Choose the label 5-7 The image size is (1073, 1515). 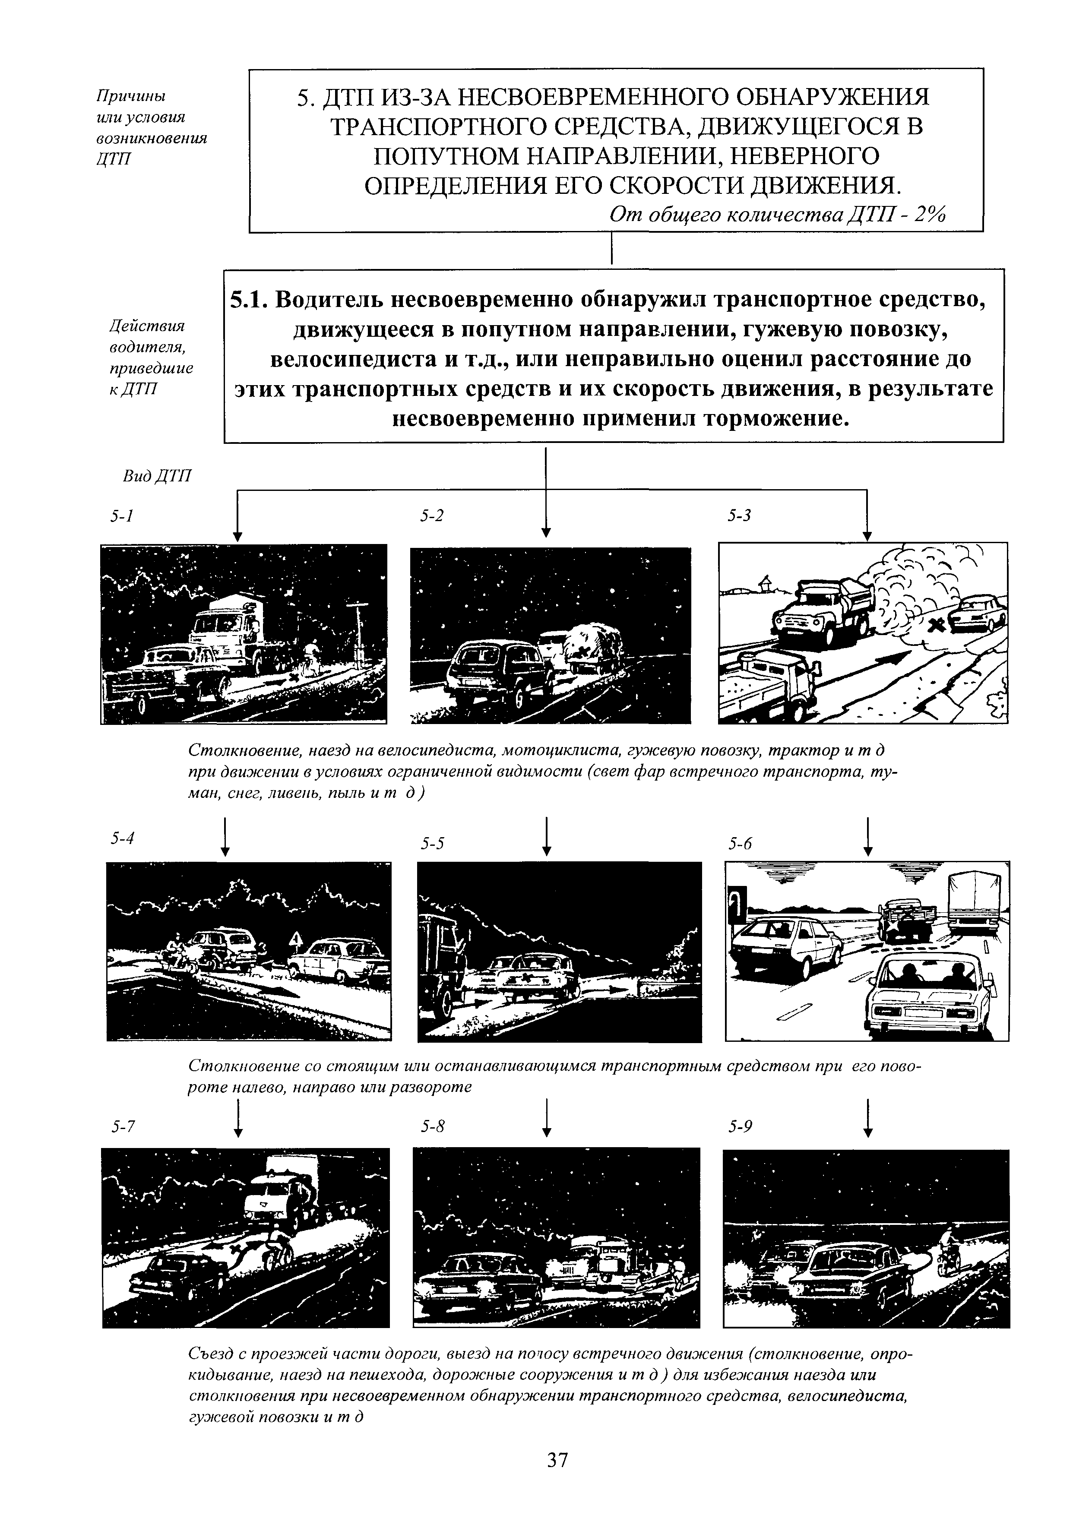point(123,1127)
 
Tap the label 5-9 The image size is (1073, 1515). point(741,1127)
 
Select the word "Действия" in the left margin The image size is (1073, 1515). point(147,326)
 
